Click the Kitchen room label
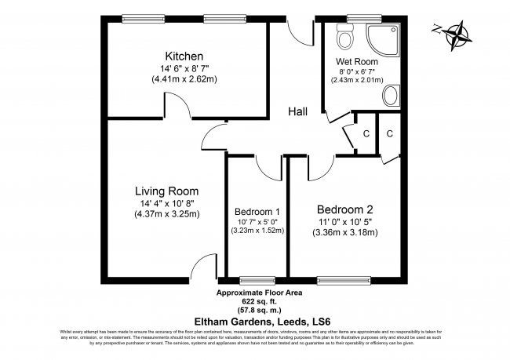click(184, 56)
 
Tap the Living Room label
click(166, 191)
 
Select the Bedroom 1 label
click(257, 212)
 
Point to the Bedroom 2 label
click(344, 209)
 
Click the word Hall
click(297, 111)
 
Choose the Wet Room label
click(357, 60)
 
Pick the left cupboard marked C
click(366, 133)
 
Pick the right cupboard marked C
click(390, 133)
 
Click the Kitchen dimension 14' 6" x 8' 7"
click(184, 69)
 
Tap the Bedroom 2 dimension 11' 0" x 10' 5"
click(344, 222)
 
